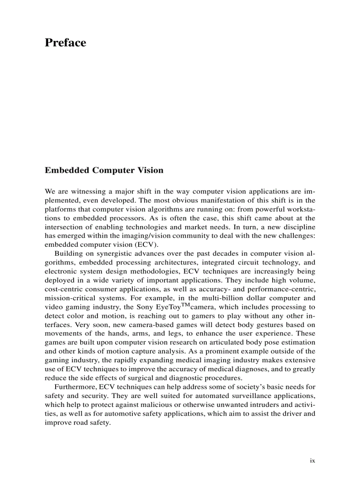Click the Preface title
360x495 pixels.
(x=65, y=43)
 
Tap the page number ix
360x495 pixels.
(x=312, y=460)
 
